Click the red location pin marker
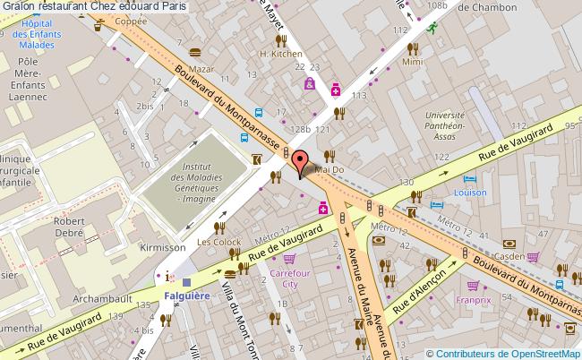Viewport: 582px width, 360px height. pos(300,163)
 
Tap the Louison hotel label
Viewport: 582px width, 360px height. pos(470,192)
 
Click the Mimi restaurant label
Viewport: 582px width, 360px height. pos(413,63)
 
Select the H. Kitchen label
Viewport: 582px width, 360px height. pos(280,54)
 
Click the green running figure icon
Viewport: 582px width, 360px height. pos(432,27)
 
